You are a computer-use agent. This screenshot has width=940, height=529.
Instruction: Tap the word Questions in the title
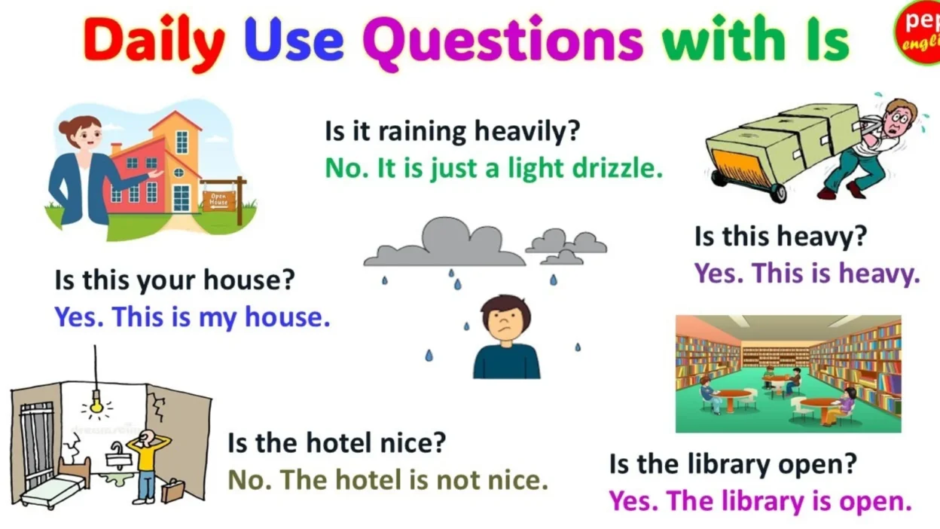point(502,39)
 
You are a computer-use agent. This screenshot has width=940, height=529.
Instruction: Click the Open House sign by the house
point(218,200)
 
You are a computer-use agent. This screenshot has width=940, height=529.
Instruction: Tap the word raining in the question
point(421,131)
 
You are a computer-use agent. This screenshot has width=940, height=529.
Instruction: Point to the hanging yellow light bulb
point(96,405)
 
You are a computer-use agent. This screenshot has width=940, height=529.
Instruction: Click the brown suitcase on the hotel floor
point(172,491)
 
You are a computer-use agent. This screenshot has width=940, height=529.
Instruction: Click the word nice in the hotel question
point(414,443)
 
